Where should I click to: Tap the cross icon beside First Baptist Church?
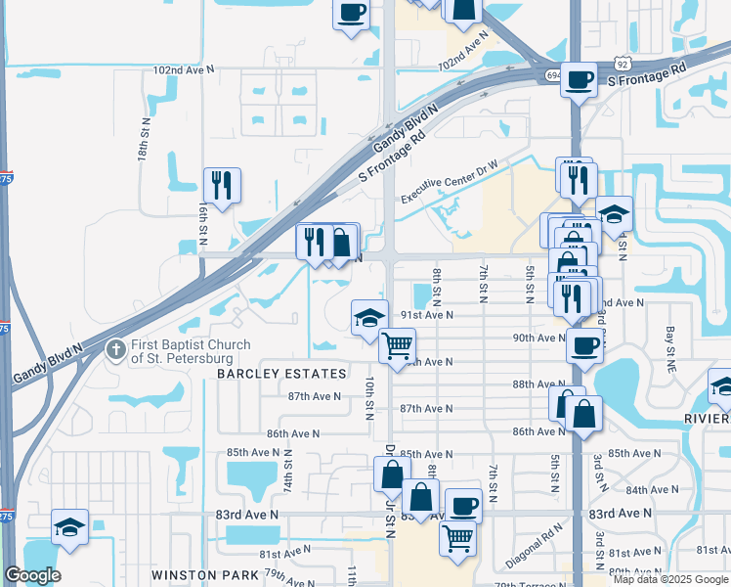[115, 348]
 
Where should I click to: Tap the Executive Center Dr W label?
[462, 184]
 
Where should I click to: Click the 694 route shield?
[552, 75]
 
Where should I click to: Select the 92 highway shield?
[621, 62]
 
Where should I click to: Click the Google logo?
[32, 575]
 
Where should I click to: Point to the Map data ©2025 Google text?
[670, 579]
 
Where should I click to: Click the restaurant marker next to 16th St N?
[223, 184]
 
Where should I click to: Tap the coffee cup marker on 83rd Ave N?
[464, 506]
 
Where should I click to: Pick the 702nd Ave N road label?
[462, 51]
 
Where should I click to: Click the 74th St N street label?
[287, 472]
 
